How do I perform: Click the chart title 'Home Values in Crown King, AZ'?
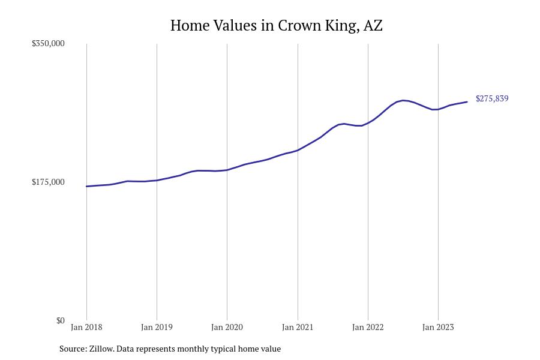pos(276,25)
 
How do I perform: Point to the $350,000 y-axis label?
pos(48,43)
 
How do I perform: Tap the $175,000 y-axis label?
pos(48,182)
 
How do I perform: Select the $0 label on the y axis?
pos(60,320)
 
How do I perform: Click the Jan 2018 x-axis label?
pos(86,327)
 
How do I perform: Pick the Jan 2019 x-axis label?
pos(157,327)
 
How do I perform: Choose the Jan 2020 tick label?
pos(227,327)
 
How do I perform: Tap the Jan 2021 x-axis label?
pos(298,327)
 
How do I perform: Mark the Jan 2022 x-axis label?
pos(368,327)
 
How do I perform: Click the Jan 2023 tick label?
pos(438,327)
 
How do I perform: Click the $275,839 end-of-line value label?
pos(492,98)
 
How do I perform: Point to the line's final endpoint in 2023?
pos(467,102)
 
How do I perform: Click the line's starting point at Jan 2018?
pos(86,187)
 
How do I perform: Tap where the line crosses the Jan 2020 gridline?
pos(227,170)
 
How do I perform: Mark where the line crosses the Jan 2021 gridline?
pos(298,150)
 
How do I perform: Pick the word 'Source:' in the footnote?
pos(73,349)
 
